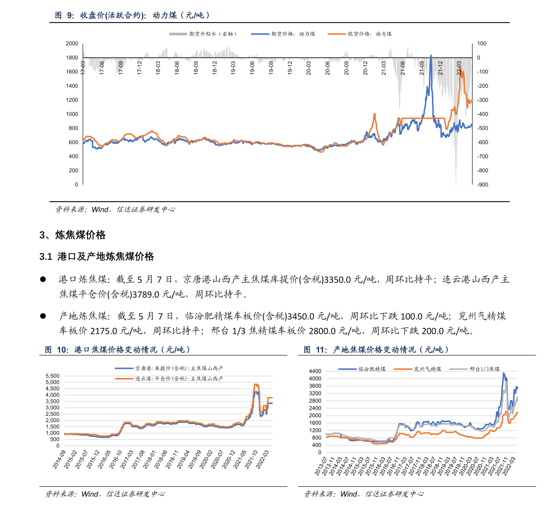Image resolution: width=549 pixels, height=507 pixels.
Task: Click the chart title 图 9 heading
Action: click(x=132, y=15)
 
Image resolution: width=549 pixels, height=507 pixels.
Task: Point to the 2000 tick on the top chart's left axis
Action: click(x=72, y=44)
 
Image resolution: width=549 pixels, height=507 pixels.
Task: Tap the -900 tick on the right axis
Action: click(x=482, y=185)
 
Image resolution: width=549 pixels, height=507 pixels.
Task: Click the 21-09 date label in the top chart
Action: click(x=422, y=68)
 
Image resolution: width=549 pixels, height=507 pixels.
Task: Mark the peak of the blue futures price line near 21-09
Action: click(x=431, y=56)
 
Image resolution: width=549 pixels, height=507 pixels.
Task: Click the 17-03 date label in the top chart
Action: click(x=83, y=68)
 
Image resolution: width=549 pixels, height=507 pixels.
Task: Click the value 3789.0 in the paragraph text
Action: click(x=146, y=294)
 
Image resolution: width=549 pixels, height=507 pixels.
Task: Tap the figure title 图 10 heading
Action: click(x=117, y=350)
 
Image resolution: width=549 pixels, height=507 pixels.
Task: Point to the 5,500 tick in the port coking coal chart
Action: click(x=52, y=376)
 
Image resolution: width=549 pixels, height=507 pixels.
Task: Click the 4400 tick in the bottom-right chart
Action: click(x=315, y=371)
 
